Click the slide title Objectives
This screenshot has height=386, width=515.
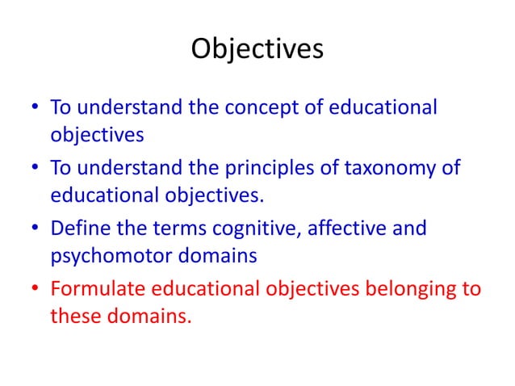coord(257,49)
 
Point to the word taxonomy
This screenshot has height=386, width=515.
coord(387,168)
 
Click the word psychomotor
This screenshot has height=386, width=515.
coord(107,255)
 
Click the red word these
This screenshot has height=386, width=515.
coord(75,316)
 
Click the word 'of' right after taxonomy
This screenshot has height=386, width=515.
coord(449,168)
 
